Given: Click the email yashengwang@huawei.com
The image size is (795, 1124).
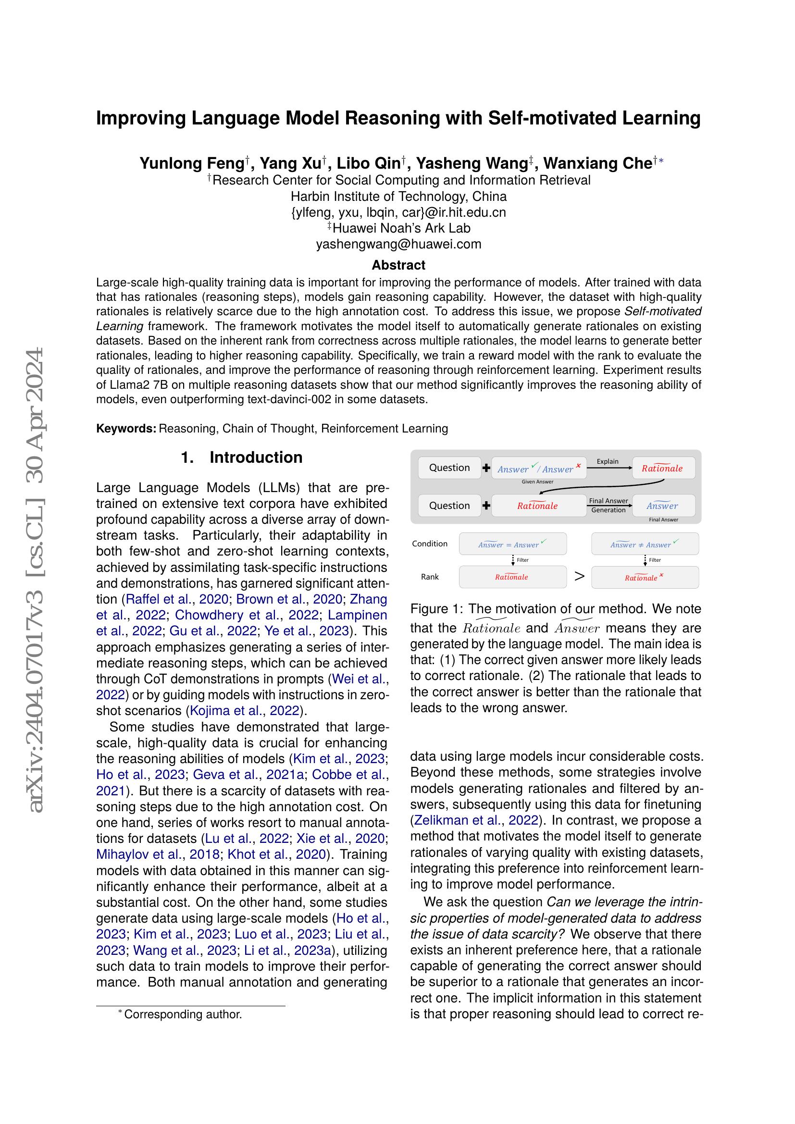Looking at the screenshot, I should click(398, 244).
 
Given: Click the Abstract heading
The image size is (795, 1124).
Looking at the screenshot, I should click(398, 265).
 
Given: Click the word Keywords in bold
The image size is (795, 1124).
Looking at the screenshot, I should click(126, 428).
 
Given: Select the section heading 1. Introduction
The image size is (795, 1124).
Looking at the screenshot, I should click(242, 457).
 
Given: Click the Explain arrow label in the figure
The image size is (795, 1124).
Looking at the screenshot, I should click(608, 461).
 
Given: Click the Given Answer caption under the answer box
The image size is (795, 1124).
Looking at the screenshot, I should click(537, 482).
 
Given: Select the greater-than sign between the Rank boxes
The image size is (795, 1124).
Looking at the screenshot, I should click(579, 576).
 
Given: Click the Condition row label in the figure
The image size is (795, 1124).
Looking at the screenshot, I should click(429, 543).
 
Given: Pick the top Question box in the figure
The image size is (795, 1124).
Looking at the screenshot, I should click(449, 468).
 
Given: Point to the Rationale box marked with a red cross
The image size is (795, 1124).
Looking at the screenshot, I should click(645, 578).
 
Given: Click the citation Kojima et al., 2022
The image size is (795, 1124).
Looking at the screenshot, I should click(246, 710).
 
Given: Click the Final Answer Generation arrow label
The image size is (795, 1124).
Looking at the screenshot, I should click(609, 505).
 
